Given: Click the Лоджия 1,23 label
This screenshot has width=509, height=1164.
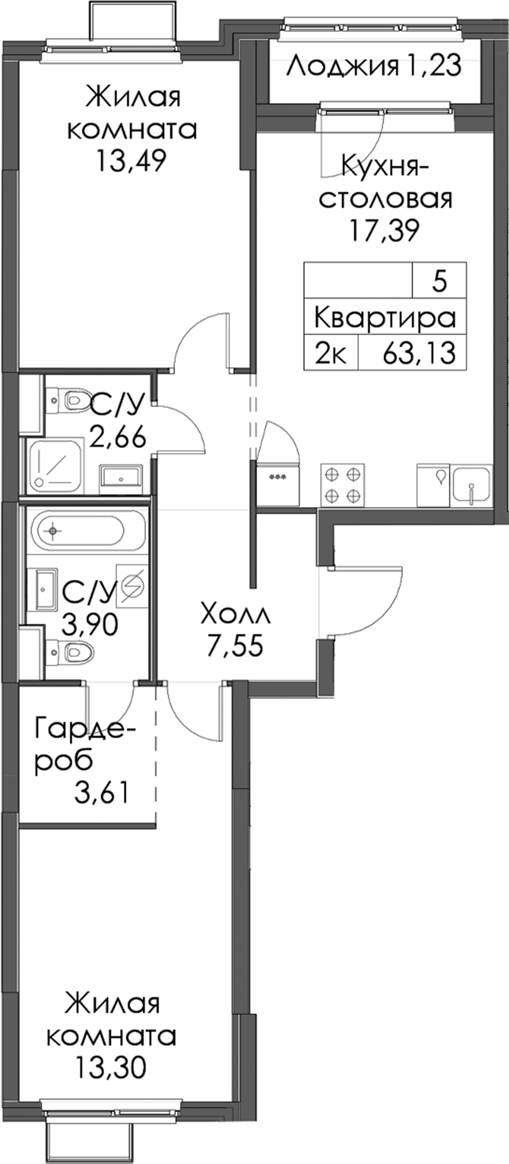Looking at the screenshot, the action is [x=374, y=66].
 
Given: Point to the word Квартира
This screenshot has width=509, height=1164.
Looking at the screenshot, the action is [x=385, y=318].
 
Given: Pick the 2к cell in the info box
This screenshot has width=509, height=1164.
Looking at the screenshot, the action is [x=331, y=353].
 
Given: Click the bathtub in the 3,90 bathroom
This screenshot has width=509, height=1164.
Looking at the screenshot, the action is [x=78, y=530].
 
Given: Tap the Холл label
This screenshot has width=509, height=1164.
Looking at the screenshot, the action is [x=236, y=615].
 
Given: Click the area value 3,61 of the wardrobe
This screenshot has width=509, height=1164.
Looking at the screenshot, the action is [x=101, y=792].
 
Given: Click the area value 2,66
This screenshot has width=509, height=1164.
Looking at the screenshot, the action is [x=118, y=438].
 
